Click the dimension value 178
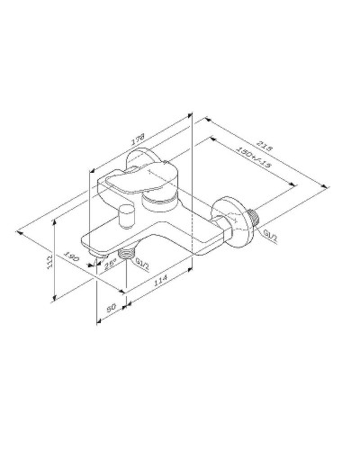point(138,140)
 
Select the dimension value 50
point(112,308)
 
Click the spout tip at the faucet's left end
point(90,243)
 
